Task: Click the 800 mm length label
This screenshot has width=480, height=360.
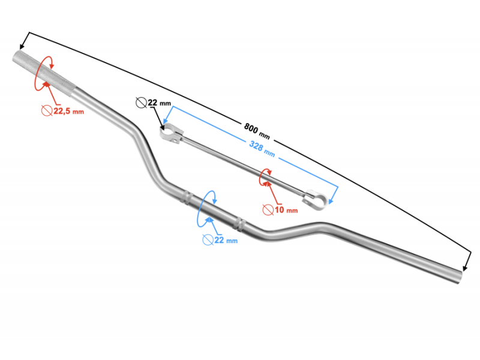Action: point(257,131)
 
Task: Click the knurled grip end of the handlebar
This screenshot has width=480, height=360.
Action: point(43,74)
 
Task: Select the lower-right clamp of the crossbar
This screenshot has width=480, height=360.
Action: point(314,199)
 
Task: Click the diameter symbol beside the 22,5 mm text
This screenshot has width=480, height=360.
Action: point(47,110)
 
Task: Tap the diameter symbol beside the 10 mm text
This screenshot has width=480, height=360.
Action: point(268,209)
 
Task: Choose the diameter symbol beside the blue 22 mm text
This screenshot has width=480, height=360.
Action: point(208,240)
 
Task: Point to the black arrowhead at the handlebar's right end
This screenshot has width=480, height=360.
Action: point(465,267)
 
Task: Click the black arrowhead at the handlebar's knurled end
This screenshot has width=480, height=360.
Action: point(22,46)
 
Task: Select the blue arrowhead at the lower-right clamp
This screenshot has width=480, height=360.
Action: point(331,201)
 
